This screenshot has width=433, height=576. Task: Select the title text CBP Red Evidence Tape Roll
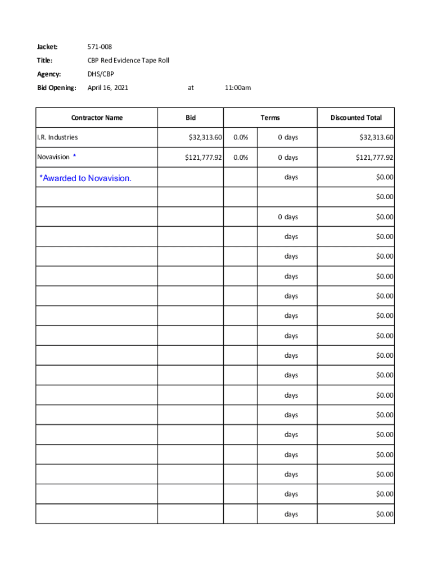[128, 60]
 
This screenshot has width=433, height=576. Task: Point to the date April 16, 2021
[108, 87]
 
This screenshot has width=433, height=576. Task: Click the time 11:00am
[237, 87]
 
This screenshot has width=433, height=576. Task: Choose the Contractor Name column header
[97, 118]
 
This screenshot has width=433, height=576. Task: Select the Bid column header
[191, 118]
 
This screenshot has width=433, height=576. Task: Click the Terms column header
[270, 118]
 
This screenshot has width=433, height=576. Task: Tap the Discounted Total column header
[356, 118]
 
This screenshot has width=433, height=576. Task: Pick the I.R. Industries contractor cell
[57, 137]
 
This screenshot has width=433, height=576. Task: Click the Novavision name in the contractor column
[53, 157]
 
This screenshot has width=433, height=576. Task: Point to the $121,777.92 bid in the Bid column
[204, 157]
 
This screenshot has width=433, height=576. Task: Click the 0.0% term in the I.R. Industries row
[240, 137]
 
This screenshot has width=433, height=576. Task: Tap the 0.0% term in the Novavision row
[240, 157]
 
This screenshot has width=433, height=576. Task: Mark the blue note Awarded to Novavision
[85, 178]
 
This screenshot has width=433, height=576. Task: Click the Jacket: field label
[48, 47]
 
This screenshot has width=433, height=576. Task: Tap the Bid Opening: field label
[56, 87]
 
